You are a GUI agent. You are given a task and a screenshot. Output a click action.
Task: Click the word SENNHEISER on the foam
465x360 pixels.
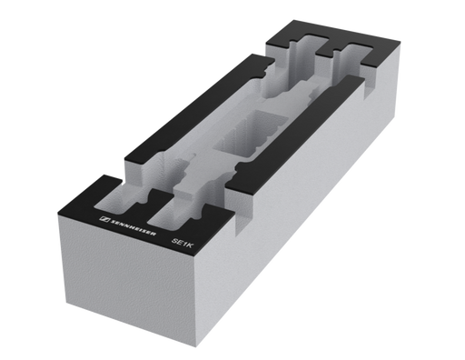[133, 227]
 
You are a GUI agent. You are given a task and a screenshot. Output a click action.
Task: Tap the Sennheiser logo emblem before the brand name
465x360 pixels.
[104, 218]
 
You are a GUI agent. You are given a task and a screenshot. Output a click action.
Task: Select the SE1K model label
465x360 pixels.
[182, 243]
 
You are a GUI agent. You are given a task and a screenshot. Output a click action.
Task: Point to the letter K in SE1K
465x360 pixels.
[188, 245]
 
